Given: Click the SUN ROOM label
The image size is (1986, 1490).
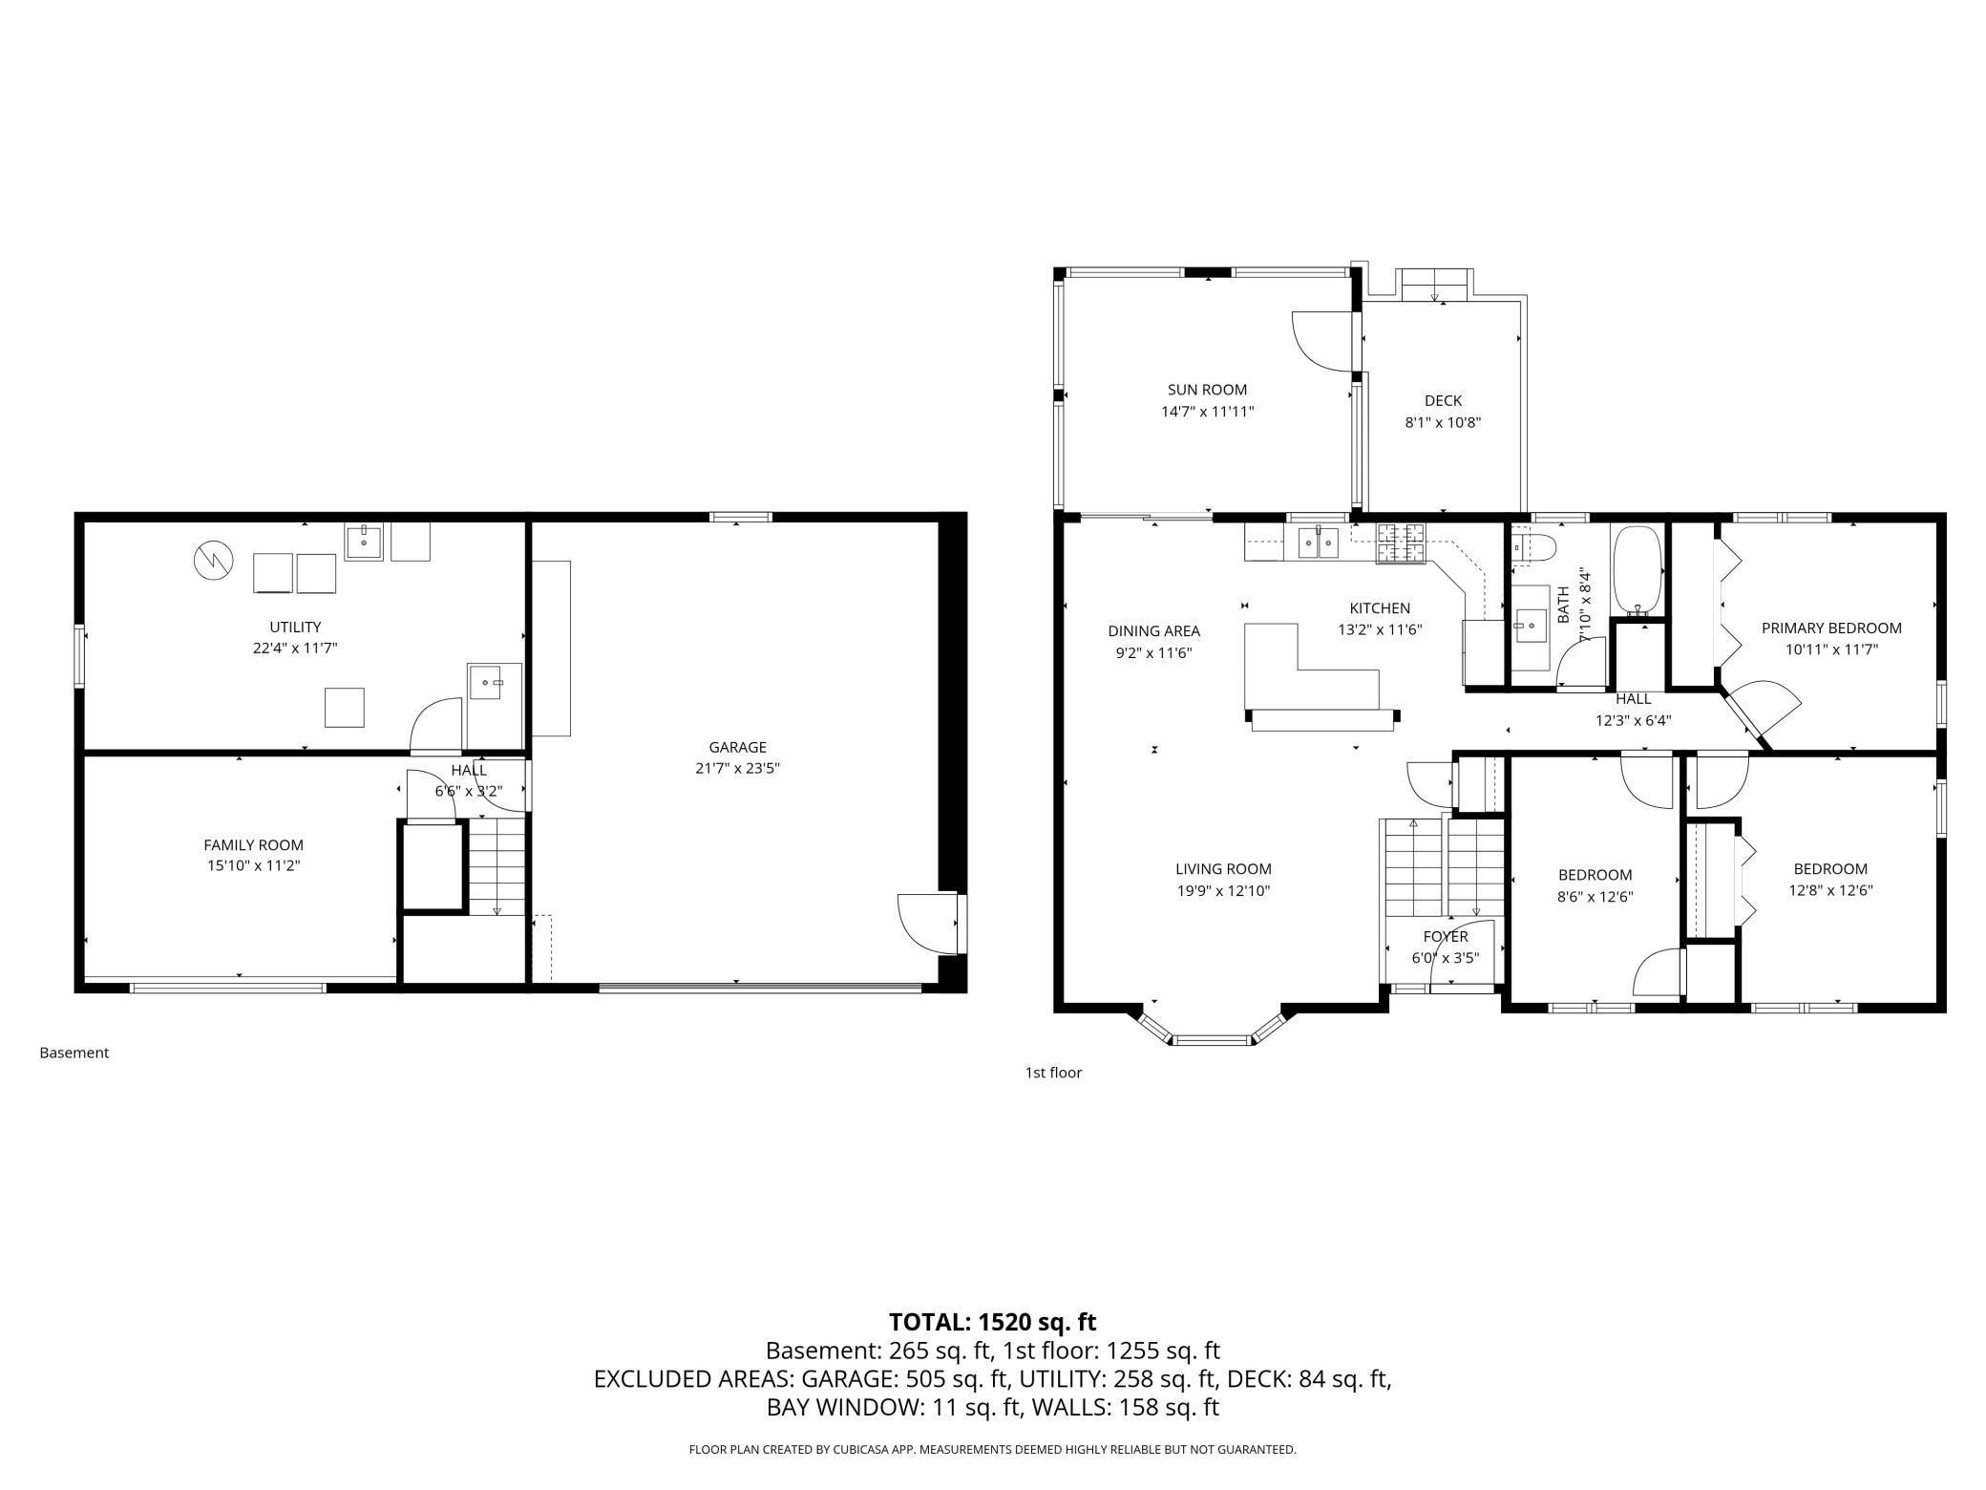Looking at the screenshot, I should tap(1207, 390).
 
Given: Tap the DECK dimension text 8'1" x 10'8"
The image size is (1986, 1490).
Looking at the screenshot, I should tap(1442, 422).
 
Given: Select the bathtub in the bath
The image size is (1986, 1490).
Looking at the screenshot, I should tap(1637, 570).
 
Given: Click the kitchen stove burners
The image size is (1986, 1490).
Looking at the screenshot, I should tap(1400, 543).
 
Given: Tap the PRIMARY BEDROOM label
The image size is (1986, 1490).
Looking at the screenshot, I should tap(1830, 628).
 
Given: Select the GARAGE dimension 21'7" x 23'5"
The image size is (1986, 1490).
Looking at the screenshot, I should tap(737, 768).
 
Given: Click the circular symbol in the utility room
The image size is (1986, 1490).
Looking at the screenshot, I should tap(213, 561).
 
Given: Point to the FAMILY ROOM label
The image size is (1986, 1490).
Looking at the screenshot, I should tap(253, 845).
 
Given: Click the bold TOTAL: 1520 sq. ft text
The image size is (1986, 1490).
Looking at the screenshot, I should tap(992, 1322).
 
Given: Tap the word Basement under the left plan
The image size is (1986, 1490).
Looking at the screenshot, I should tap(74, 1053).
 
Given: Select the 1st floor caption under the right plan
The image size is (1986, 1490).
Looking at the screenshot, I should tap(1053, 1073).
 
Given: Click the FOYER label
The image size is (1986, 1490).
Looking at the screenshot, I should tap(1445, 937).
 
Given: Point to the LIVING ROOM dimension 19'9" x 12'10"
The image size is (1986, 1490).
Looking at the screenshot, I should tap(1222, 891).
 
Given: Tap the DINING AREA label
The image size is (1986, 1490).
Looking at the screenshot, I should tap(1153, 631).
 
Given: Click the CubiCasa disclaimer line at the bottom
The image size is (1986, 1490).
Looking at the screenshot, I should tap(992, 1450).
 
